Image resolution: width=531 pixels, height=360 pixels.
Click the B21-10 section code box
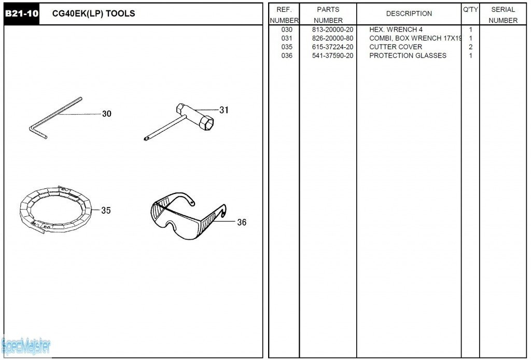[x=21, y=14]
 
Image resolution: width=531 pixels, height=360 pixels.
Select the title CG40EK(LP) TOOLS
[x=93, y=14]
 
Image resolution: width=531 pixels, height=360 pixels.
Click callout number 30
[x=106, y=114]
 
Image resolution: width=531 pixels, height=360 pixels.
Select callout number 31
[x=223, y=110]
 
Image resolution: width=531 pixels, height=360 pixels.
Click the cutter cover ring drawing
[x=55, y=207]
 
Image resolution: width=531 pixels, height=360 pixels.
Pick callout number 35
[x=106, y=211]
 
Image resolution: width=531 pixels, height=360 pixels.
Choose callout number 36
[x=242, y=223]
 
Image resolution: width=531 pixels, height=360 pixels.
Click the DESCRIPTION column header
[x=409, y=14]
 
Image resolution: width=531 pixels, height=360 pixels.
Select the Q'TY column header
[x=470, y=10]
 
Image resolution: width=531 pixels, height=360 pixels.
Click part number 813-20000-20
[x=332, y=30]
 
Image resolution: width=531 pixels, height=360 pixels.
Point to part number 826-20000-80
[x=332, y=38]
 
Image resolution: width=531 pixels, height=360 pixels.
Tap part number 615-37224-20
[x=332, y=47]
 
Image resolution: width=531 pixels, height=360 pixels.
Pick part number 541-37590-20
[x=332, y=56]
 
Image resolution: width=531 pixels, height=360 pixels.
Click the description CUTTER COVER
[x=396, y=47]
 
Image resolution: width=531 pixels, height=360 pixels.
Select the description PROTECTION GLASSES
[x=408, y=56]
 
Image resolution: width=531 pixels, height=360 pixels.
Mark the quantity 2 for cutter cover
[x=470, y=47]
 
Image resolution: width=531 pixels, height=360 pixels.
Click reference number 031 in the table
[x=287, y=38]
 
